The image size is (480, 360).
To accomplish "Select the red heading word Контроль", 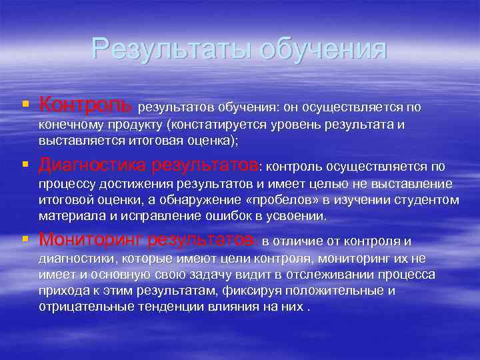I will coord(86,105).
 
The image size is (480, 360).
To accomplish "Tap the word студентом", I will coord(428,200).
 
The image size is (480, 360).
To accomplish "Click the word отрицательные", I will coord(81,307).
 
